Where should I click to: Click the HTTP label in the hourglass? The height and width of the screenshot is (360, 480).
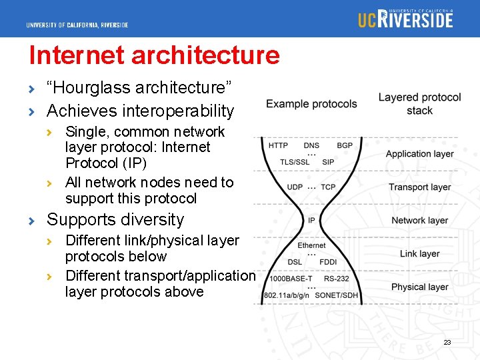[278, 145]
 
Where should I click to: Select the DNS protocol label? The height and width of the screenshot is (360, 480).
[311, 145]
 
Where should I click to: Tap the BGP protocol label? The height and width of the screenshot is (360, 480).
[345, 145]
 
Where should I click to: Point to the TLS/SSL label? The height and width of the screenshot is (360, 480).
[295, 162]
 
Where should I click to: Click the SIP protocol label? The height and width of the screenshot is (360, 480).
[328, 162]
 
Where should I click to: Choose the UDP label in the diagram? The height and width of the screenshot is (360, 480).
[295, 187]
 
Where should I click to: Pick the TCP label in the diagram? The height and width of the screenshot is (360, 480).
[328, 187]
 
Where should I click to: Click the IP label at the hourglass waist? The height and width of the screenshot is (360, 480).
[311, 221]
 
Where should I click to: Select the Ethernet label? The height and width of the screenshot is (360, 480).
[311, 245]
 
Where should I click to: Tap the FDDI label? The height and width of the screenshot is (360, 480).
[328, 262]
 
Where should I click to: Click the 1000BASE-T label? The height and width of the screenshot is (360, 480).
[291, 279]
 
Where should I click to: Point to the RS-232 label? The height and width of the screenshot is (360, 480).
[337, 279]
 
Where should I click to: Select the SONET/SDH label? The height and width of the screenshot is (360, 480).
[337, 295]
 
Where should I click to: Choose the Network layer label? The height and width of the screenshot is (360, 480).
[419, 221]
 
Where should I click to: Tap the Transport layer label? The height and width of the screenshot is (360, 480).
[419, 187]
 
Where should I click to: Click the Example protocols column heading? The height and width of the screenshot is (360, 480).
[311, 104]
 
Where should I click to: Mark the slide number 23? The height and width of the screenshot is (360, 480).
[447, 343]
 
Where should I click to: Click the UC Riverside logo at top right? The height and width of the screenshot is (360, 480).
[405, 18]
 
